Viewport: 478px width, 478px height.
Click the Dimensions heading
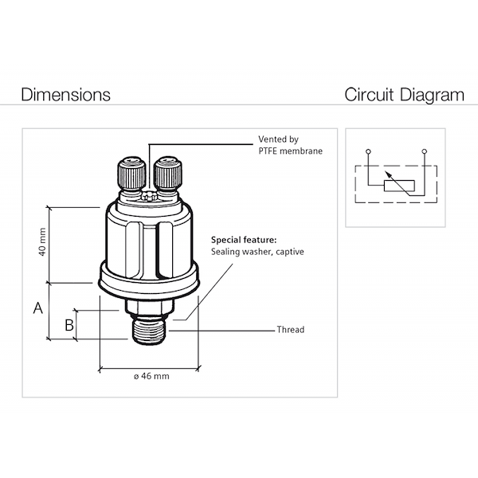tap(65, 95)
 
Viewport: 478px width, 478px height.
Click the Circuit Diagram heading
tap(404, 95)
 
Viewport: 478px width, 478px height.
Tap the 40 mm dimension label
tap(42, 244)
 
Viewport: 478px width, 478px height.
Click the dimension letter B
tap(69, 324)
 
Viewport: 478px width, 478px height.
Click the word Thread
tap(290, 330)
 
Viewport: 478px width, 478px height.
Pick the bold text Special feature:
tap(244, 239)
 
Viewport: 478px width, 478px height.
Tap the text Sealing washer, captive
tap(257, 252)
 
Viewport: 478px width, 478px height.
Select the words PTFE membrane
tap(291, 151)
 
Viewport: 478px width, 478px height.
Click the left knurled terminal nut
tap(130, 171)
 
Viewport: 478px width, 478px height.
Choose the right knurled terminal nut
tap(168, 171)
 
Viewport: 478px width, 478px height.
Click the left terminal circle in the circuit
tap(367, 151)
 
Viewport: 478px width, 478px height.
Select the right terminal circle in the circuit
tap(428, 151)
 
